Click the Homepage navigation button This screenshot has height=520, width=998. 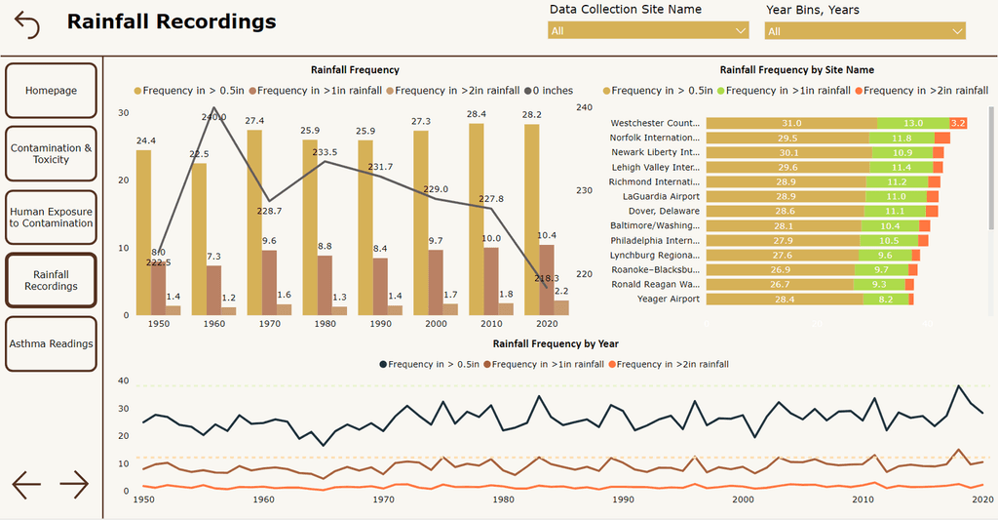[x=51, y=91]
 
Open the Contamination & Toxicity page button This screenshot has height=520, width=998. [x=51, y=154]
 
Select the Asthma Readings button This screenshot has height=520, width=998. [x=51, y=343]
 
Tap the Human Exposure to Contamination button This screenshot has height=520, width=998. [x=51, y=217]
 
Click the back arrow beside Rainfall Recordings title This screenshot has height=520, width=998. [x=27, y=24]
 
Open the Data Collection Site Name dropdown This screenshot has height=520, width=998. [x=648, y=31]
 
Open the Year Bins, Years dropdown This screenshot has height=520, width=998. [x=864, y=31]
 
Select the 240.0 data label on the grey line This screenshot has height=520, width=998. [x=213, y=116]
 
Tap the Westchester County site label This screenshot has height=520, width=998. [x=655, y=123]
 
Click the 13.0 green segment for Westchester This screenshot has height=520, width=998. [x=913, y=123]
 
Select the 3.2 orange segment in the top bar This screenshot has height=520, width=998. [x=957, y=123]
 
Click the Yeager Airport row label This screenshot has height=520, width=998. [x=669, y=299]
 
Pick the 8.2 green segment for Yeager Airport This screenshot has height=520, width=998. [x=886, y=299]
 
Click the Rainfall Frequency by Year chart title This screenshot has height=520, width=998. [x=555, y=343]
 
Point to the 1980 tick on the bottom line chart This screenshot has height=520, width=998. [x=504, y=500]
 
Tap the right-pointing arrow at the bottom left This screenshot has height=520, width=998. [x=74, y=483]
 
